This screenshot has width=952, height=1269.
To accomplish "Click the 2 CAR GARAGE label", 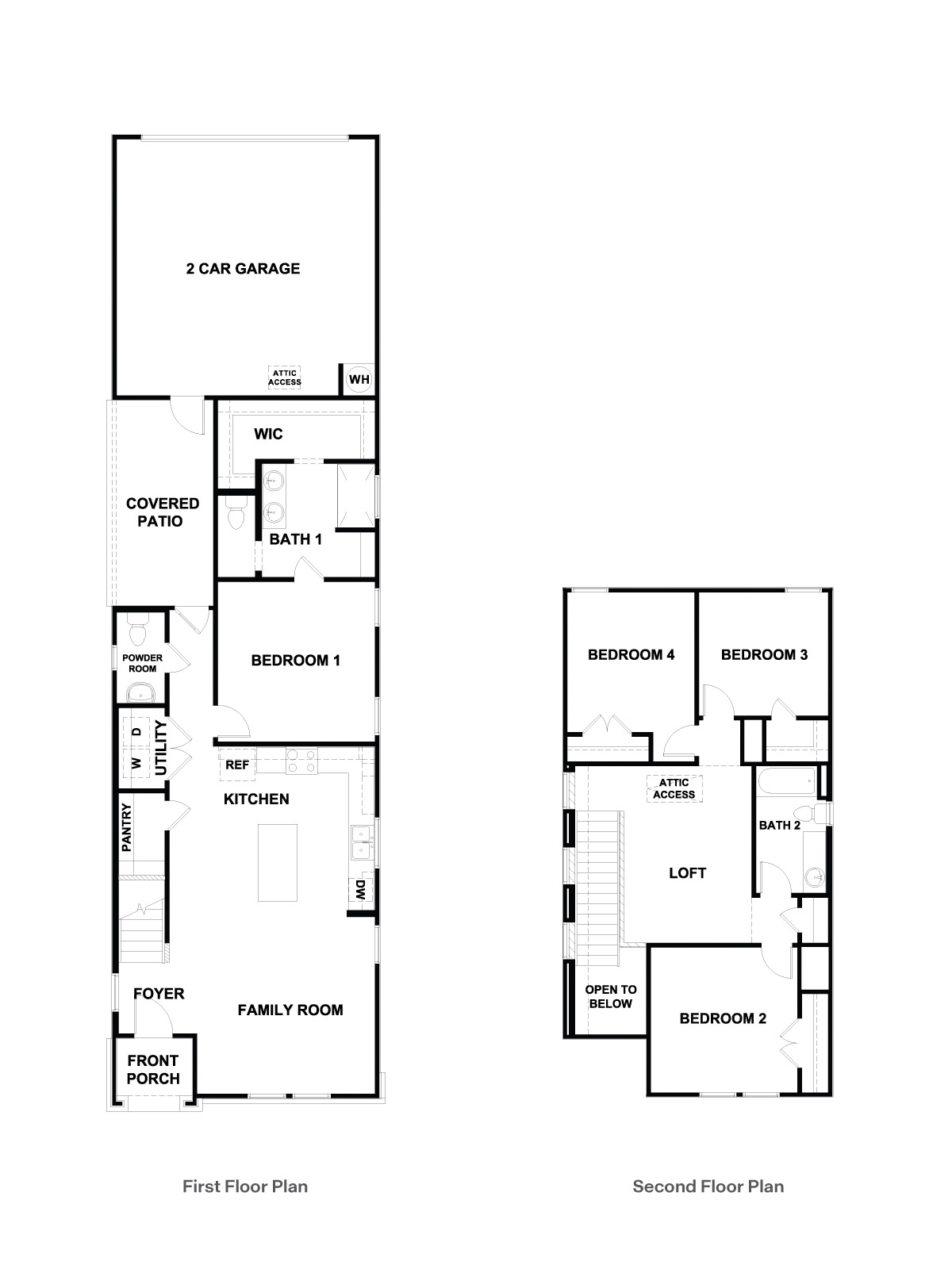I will click(x=243, y=269).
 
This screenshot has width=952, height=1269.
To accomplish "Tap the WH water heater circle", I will click(x=359, y=379).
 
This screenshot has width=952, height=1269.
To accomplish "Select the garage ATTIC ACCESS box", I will click(x=284, y=378).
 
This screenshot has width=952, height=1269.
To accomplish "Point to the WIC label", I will click(x=268, y=434).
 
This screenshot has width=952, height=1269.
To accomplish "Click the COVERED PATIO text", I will click(x=163, y=512).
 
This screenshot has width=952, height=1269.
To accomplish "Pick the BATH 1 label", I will click(x=295, y=540).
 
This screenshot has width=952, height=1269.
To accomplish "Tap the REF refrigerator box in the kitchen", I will click(x=237, y=765).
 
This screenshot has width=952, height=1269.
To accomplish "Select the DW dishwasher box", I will click(x=360, y=890).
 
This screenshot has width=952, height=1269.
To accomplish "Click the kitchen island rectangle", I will click(x=278, y=862).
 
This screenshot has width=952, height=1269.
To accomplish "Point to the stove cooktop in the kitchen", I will click(x=301, y=761).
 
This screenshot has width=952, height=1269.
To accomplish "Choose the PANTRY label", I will click(x=126, y=828).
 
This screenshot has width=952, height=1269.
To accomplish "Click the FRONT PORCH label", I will click(x=153, y=1070).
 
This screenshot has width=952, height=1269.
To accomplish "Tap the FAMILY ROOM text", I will click(x=290, y=1010).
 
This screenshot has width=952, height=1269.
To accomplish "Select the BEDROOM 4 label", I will click(x=631, y=655).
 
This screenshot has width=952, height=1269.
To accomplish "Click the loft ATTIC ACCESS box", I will click(x=674, y=789).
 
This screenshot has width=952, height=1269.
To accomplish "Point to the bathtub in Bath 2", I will click(x=785, y=782).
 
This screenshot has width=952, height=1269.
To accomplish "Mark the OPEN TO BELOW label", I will click(x=611, y=997).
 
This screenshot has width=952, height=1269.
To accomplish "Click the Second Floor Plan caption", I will click(x=708, y=1187).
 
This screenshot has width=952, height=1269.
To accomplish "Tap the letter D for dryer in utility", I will click(x=136, y=732).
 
